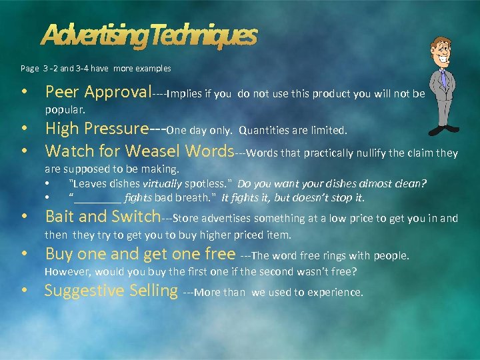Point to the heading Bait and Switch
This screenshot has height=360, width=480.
pos(103,217)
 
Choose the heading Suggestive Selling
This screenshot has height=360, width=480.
pos(111,291)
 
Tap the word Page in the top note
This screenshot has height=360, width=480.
pos(30,68)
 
